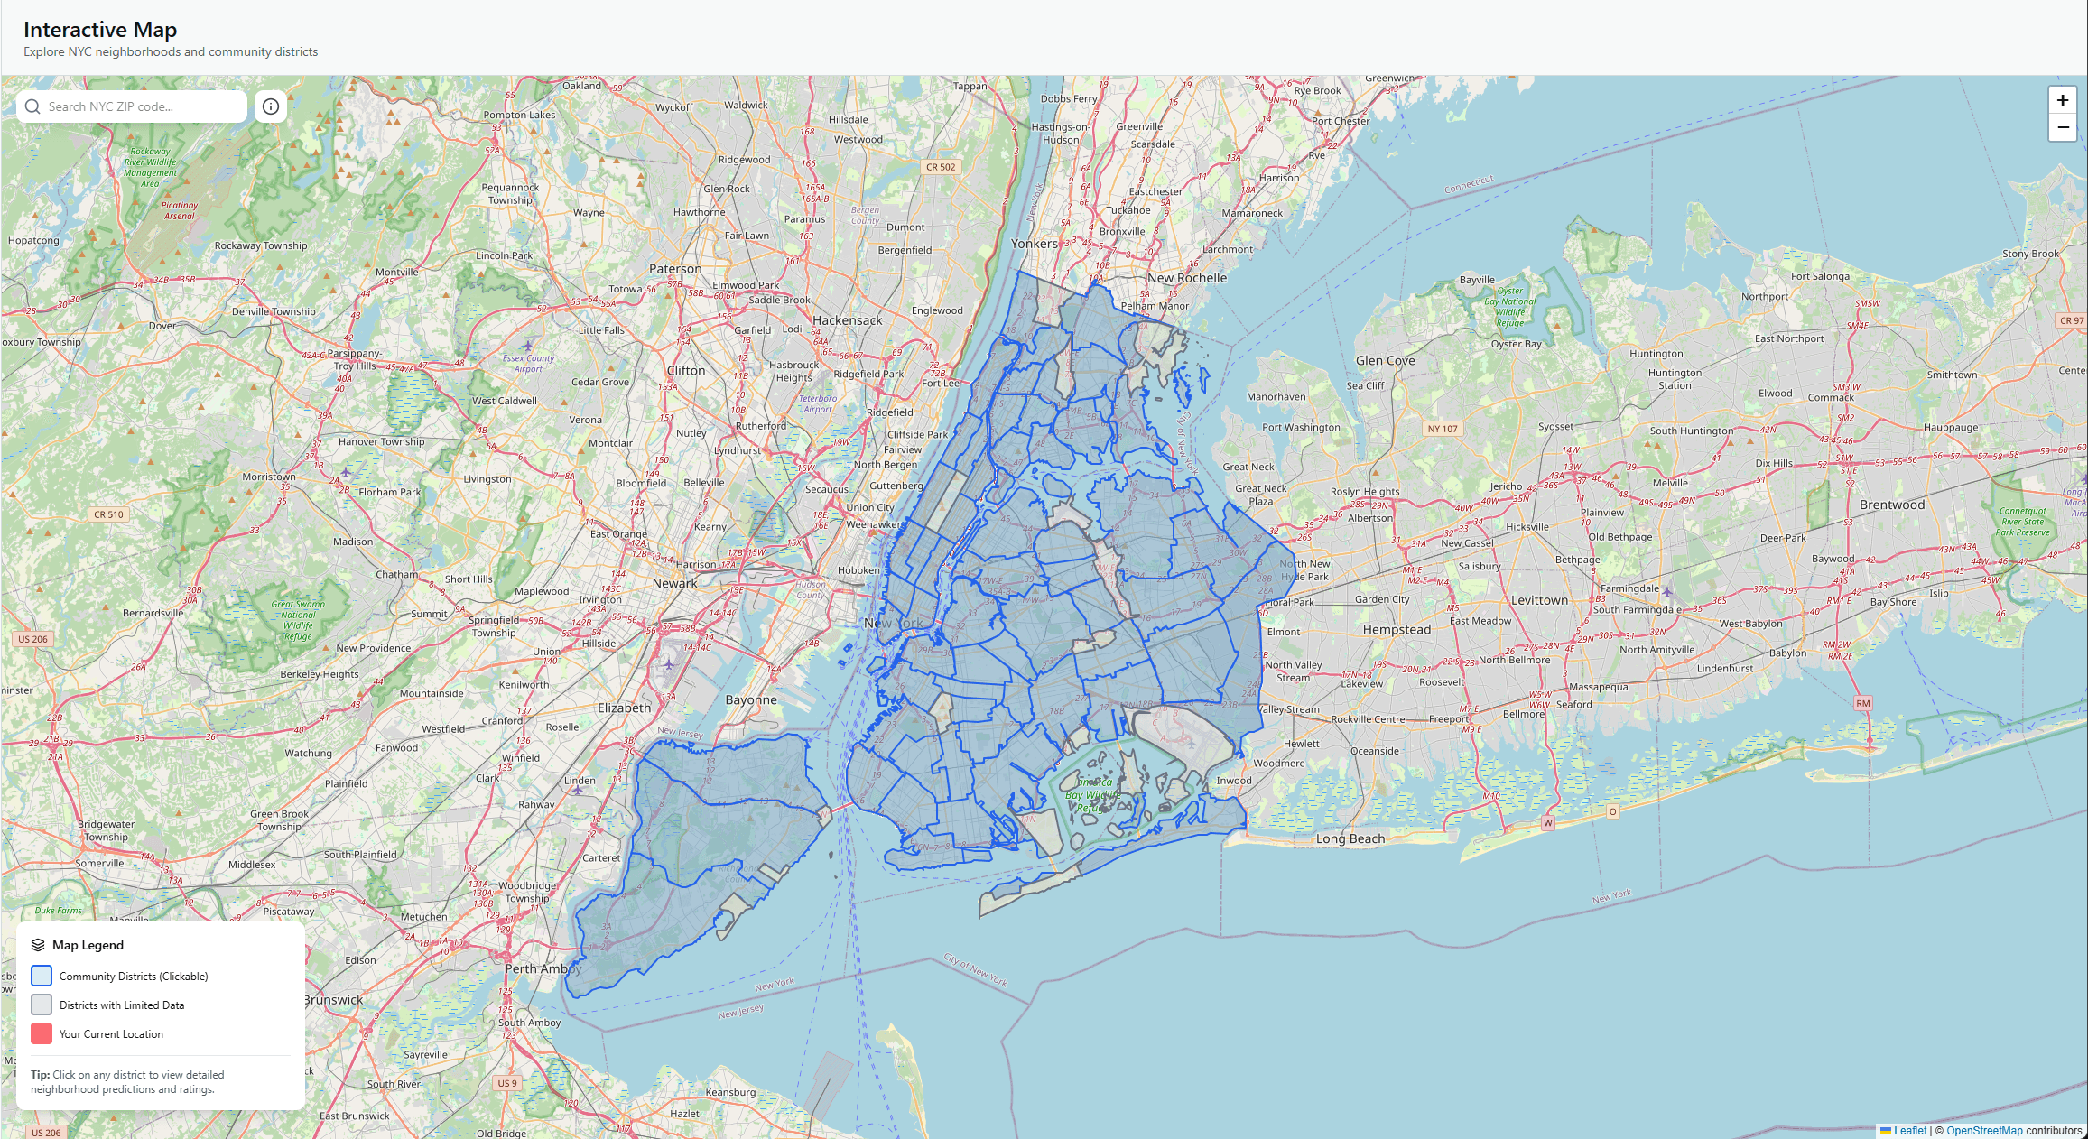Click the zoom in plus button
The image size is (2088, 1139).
(x=2062, y=100)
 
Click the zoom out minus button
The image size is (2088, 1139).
(x=2062, y=128)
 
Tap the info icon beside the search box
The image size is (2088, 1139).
(x=271, y=106)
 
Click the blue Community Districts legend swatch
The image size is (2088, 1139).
(x=42, y=976)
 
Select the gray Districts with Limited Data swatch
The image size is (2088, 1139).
(x=42, y=1005)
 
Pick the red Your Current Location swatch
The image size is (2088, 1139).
(x=42, y=1033)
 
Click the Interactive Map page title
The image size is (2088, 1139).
(x=100, y=30)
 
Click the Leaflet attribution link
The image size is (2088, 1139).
(x=1909, y=1130)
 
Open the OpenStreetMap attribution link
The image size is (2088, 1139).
(x=1984, y=1130)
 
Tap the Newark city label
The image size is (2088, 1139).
(x=674, y=583)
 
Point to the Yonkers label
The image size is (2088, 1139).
(x=1034, y=244)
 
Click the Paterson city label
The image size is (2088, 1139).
(x=675, y=269)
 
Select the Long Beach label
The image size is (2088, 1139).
(x=1350, y=838)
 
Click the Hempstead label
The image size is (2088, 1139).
(x=1397, y=629)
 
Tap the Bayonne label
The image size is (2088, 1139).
(x=750, y=699)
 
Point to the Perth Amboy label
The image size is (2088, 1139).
(x=543, y=968)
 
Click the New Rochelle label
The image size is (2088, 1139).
(x=1187, y=278)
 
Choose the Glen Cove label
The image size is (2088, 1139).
(x=1385, y=360)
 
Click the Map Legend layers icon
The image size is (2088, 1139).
(x=38, y=945)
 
